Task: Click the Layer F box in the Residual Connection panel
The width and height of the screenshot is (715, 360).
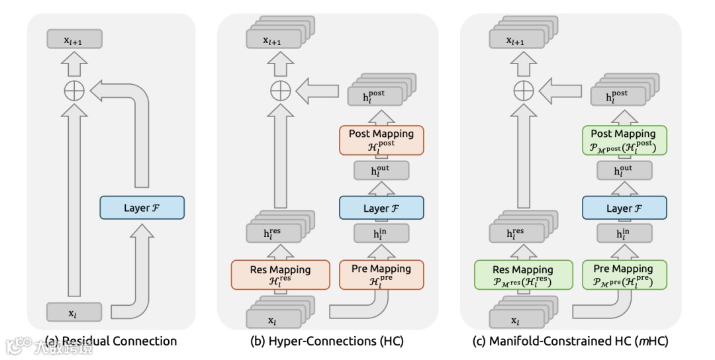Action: point(142,208)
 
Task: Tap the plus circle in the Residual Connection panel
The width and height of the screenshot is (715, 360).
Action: point(74,91)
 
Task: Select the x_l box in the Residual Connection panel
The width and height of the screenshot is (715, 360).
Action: point(74,312)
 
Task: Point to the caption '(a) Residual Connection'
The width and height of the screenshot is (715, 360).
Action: point(111,341)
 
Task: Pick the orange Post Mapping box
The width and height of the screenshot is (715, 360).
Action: point(381,140)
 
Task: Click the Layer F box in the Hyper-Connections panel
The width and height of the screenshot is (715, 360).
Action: point(381,208)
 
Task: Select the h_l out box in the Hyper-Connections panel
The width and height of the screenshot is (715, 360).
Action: point(381,171)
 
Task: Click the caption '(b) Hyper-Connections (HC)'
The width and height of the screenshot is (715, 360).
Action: point(326,341)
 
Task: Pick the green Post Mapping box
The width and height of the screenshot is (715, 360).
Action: point(624,140)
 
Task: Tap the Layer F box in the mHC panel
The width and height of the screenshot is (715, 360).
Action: point(624,208)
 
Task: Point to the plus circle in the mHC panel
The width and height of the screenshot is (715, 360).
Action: point(524,91)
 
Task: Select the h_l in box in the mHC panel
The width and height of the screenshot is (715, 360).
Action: point(624,233)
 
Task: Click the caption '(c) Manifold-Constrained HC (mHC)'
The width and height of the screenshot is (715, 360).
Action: point(569,341)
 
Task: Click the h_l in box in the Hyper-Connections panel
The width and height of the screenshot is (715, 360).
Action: point(381,233)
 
